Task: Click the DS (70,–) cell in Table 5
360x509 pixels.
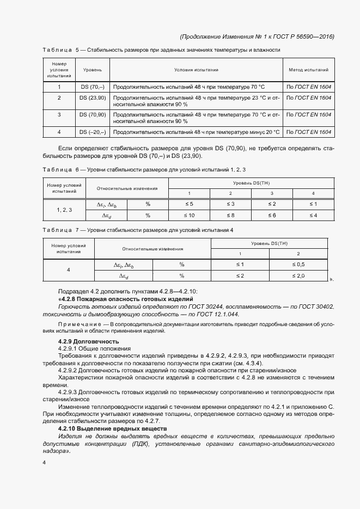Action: pyautogui.click(x=93, y=87)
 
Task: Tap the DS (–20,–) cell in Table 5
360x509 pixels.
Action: pyautogui.click(x=93, y=132)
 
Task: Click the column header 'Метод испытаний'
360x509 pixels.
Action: pyautogui.click(x=308, y=70)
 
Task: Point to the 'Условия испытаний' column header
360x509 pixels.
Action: pyautogui.click(x=196, y=70)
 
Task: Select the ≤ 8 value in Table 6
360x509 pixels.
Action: pyautogui.click(x=230, y=215)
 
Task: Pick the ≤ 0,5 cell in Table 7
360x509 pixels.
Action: pyautogui.click(x=298, y=265)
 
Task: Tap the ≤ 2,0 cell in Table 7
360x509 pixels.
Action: pyautogui.click(x=298, y=276)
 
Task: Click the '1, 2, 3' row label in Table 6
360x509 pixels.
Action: pyautogui.click(x=64, y=210)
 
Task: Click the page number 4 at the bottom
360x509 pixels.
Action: pyautogui.click(x=44, y=462)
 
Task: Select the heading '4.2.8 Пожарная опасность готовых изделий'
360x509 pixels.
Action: pyautogui.click(x=125, y=300)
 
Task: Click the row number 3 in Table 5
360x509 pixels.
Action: pyautogui.click(x=59, y=115)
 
